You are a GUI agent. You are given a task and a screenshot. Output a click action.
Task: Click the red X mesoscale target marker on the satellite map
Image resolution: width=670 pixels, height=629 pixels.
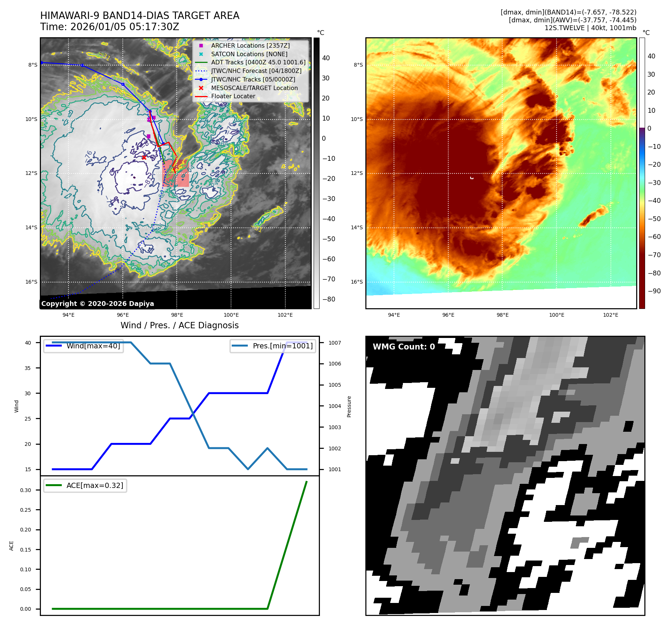coord(144,157)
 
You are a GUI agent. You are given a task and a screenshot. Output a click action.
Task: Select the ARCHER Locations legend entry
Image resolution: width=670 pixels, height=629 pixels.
coord(250,45)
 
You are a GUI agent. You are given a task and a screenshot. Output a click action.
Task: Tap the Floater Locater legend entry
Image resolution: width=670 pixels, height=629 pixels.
coord(233,96)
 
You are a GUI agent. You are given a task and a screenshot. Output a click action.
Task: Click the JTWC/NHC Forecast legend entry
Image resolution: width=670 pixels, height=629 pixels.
coord(256,71)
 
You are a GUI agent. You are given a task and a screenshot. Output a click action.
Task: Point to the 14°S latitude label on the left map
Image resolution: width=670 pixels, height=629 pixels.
coord(32,227)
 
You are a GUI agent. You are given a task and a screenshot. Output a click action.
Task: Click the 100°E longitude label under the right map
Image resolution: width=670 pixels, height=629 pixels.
coord(557,315)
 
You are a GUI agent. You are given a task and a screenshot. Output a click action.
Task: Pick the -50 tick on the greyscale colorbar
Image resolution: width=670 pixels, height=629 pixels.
coord(328,239)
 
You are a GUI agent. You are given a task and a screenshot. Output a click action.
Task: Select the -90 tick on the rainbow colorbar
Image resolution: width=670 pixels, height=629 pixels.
coord(654,291)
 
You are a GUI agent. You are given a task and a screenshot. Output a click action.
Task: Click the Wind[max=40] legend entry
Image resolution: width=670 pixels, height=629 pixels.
coord(93,346)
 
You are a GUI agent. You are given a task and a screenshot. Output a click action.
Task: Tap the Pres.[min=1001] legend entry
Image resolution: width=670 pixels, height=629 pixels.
coord(282,346)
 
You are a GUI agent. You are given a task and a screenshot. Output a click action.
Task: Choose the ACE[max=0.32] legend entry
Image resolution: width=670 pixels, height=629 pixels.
coord(94,485)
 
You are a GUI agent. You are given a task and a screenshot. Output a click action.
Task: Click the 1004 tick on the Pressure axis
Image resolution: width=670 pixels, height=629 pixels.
coord(334,406)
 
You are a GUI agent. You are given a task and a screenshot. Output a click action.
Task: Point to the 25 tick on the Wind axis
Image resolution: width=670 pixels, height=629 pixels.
coord(28,419)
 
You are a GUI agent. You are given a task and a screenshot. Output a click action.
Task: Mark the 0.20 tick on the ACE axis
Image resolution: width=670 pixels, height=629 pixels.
coord(26,530)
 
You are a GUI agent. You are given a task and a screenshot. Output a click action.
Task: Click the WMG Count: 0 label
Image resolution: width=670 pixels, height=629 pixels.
coord(404,347)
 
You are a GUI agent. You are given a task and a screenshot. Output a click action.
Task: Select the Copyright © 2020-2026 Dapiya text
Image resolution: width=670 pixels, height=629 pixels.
coord(97,304)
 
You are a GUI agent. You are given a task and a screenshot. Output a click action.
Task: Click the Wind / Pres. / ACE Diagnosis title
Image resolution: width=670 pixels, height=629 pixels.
coord(179,325)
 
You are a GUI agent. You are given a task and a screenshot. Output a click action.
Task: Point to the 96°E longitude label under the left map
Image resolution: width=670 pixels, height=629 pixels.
coord(123,315)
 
